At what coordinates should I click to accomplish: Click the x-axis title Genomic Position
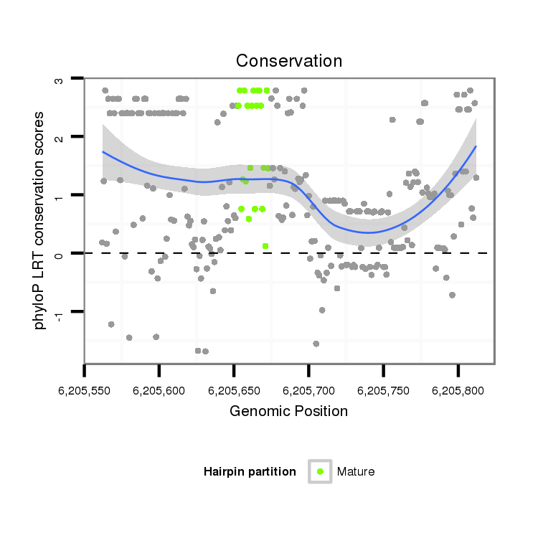[289, 412]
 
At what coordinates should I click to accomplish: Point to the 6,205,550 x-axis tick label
[85, 391]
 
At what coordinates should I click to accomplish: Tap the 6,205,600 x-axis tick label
[159, 391]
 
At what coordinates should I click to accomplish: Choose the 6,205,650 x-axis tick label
[234, 391]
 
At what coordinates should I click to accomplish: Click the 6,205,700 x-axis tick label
[308, 391]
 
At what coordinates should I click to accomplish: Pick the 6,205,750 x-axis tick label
[384, 391]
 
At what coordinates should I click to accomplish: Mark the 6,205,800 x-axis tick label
[458, 391]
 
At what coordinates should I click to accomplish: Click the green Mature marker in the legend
[320, 471]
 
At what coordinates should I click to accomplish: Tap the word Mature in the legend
[356, 471]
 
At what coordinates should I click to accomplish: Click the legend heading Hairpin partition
[250, 471]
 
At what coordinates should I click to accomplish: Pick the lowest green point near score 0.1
[265, 246]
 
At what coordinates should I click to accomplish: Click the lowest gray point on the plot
[205, 351]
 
